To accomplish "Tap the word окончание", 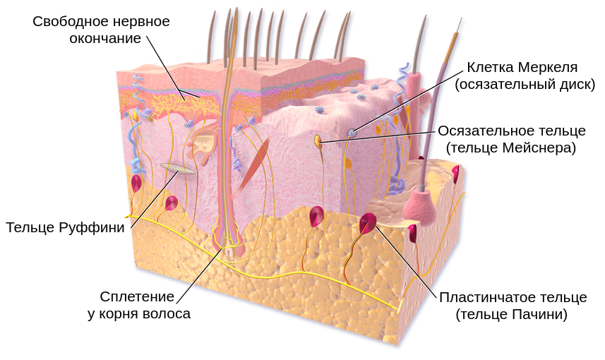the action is pos(105,39).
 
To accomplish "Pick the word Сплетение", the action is pos(137,296).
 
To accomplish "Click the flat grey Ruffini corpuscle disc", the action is pos(177,168).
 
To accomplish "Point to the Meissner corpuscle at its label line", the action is pos(318,141).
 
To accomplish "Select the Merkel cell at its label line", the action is pos(352,133).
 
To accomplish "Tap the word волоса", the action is pos(167,313).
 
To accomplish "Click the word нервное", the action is pos(141,22).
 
